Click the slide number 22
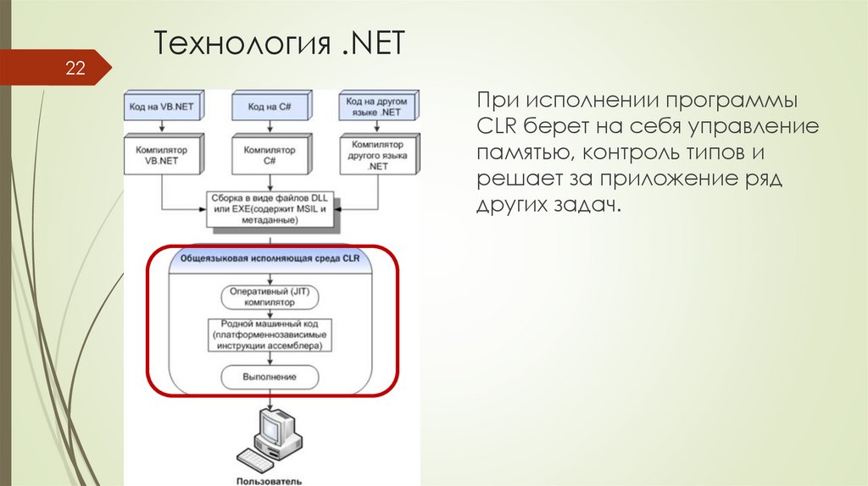75,68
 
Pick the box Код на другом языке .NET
378,107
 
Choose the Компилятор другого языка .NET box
378,155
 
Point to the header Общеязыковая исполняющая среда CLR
270,259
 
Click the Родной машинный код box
270,335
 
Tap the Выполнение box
270,375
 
